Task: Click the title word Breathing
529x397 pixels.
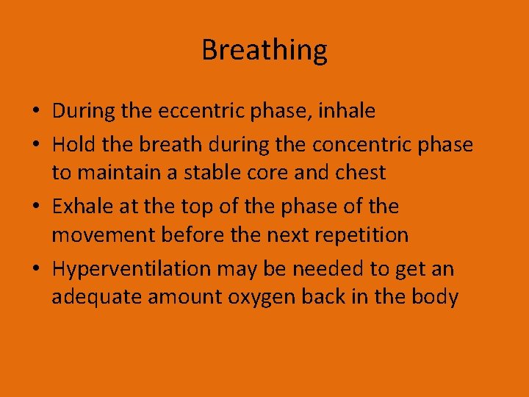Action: point(264,50)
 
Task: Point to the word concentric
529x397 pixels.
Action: point(356,145)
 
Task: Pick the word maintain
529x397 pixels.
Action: point(115,172)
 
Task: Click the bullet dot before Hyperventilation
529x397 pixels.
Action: point(36,270)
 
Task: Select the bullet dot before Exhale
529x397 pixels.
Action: point(36,207)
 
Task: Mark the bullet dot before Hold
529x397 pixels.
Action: point(36,146)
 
